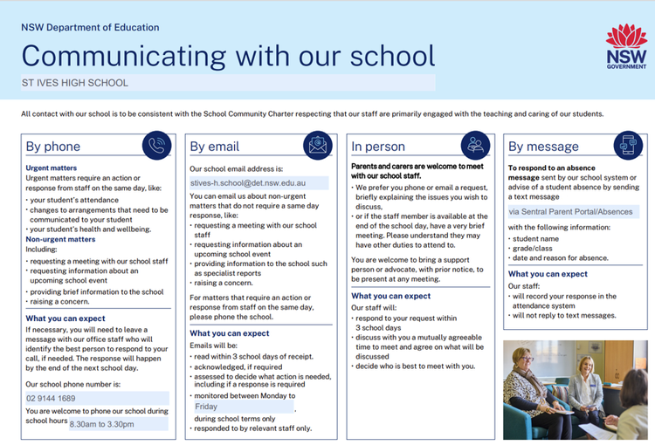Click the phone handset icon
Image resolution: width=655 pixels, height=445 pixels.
[157, 146]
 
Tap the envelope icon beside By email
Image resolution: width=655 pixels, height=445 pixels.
[318, 146]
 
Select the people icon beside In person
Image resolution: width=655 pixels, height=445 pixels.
[477, 146]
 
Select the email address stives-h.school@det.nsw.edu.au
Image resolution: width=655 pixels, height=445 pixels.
[246, 183]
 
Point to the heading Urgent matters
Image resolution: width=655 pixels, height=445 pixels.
[51, 168]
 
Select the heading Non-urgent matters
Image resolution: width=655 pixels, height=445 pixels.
[60, 238]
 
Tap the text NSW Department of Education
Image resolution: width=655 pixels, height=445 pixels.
[90, 27]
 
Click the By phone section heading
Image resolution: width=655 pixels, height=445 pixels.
[53, 147]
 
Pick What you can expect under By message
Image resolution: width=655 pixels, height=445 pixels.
[548, 274]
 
